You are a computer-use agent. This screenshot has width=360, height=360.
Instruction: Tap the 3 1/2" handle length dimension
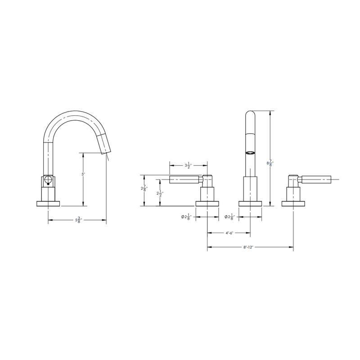[188, 165]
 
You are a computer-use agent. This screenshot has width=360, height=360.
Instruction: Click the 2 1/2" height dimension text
[159, 193]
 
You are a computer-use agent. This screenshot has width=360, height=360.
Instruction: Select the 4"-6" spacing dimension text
[229, 233]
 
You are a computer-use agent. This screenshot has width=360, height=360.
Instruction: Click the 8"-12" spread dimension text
[250, 247]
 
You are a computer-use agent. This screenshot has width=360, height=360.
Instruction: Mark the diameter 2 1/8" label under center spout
[230, 217]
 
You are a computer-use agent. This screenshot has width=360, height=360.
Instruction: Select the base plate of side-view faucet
[48, 204]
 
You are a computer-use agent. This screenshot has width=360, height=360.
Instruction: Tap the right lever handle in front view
[317, 180]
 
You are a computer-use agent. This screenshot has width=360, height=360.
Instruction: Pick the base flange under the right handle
[293, 203]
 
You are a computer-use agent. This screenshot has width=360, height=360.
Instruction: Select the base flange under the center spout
[249, 203]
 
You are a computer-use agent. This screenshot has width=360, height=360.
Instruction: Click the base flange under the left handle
[207, 203]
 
